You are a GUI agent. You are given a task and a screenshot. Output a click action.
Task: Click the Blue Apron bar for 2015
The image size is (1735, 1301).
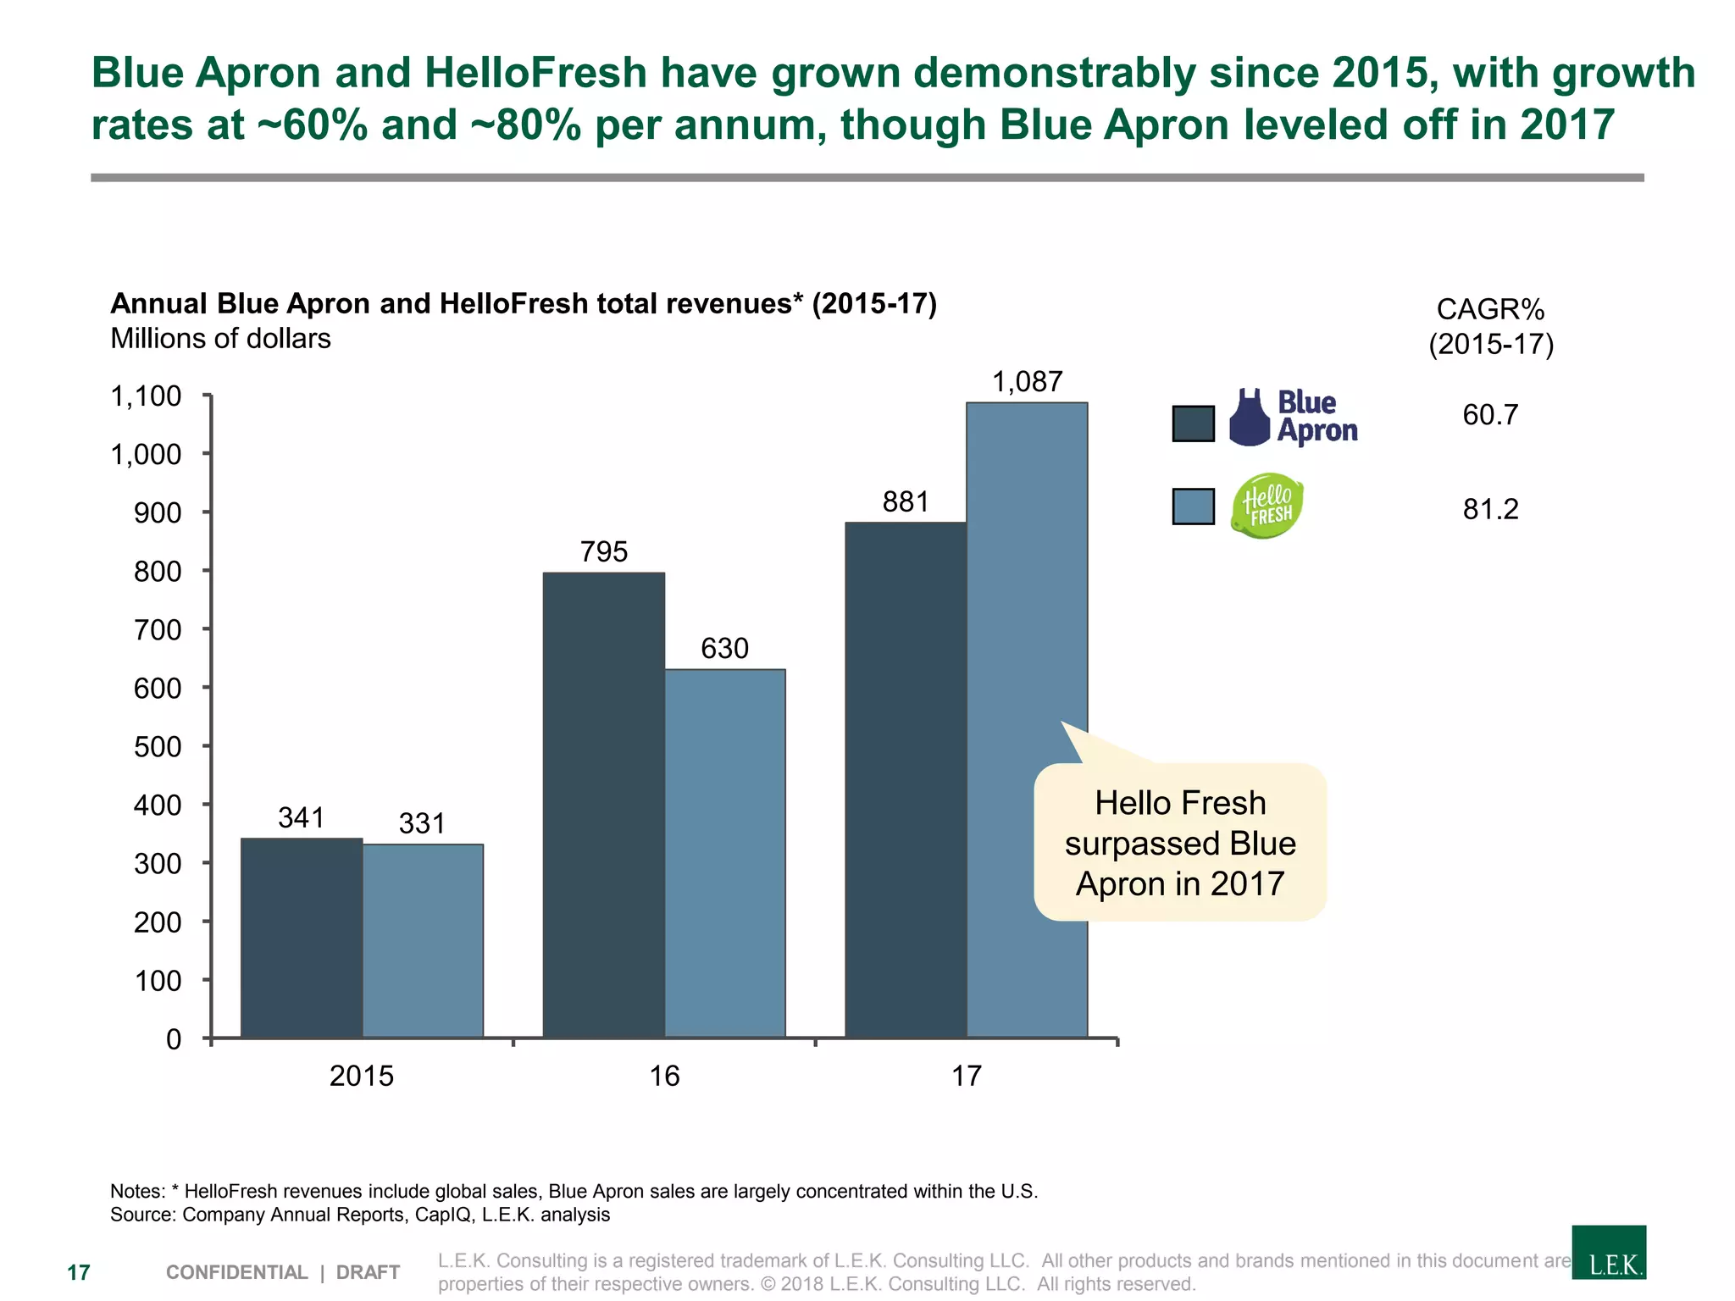(x=302, y=938)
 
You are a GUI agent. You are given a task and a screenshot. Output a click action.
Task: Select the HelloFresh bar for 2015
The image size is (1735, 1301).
(x=423, y=940)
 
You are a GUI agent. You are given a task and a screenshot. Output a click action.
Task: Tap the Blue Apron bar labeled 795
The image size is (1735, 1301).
(x=603, y=805)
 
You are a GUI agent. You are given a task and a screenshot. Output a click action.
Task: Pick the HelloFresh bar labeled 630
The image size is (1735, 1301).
(x=724, y=853)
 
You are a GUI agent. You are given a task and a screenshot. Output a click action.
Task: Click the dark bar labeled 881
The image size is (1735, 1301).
(x=906, y=779)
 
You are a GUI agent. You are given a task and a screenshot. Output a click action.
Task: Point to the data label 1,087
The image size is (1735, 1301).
(x=1027, y=382)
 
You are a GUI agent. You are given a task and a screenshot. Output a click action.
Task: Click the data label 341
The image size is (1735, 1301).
(x=302, y=818)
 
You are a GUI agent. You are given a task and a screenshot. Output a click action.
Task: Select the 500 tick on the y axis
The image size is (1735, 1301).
(x=158, y=747)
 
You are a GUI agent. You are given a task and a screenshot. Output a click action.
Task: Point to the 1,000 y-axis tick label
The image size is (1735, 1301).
(x=146, y=455)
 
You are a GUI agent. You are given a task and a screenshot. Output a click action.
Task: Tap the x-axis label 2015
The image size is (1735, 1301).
(x=362, y=1076)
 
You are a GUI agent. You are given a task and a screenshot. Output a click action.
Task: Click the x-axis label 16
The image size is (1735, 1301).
(x=664, y=1076)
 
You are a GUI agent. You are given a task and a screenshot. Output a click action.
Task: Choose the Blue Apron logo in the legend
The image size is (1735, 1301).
(x=1293, y=418)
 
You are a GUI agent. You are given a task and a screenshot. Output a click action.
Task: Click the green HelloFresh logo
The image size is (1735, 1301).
(x=1267, y=507)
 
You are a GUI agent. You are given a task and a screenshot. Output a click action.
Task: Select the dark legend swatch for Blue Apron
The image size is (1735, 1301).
(x=1193, y=424)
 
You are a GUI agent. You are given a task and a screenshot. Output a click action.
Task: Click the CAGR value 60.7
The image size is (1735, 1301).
(x=1490, y=415)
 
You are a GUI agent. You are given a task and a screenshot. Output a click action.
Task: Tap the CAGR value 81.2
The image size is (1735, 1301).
(x=1490, y=509)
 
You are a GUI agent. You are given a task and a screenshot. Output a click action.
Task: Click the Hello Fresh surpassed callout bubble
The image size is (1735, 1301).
(x=1179, y=843)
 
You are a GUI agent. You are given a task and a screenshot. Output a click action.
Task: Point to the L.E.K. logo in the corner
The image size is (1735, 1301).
(x=1608, y=1252)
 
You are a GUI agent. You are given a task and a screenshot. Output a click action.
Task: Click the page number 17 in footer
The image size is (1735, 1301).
(x=79, y=1272)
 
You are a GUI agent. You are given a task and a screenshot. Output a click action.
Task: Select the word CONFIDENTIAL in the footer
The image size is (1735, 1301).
(x=236, y=1272)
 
